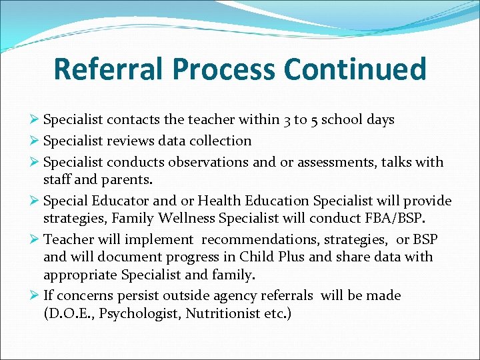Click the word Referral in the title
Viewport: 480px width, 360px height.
110,69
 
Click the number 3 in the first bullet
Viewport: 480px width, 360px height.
285,120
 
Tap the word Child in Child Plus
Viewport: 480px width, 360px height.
257,257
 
